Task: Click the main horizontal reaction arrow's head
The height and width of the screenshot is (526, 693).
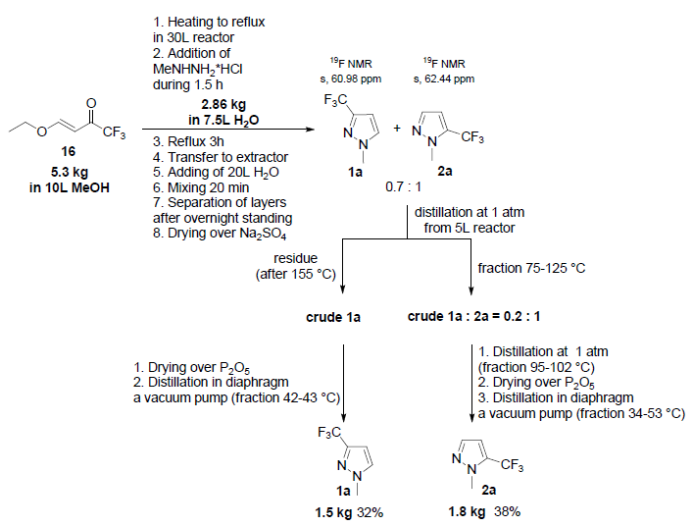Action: (x=316, y=130)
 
